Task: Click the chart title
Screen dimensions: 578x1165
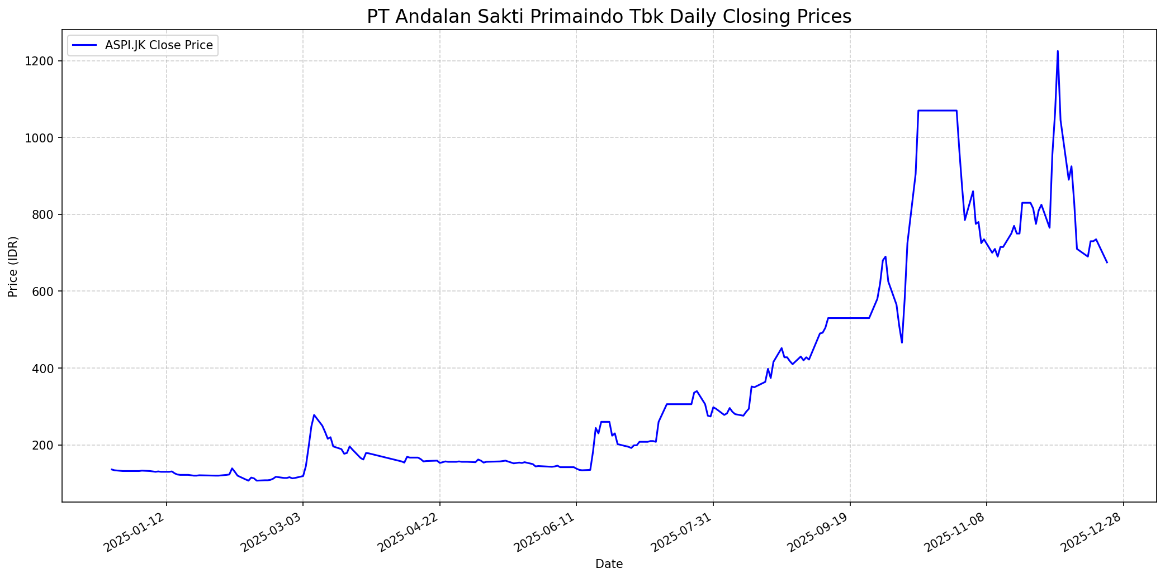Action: (609, 17)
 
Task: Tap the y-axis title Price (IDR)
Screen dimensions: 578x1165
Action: (13, 266)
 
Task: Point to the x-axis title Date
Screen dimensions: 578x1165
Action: (609, 564)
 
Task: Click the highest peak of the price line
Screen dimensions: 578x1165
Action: (1057, 51)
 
